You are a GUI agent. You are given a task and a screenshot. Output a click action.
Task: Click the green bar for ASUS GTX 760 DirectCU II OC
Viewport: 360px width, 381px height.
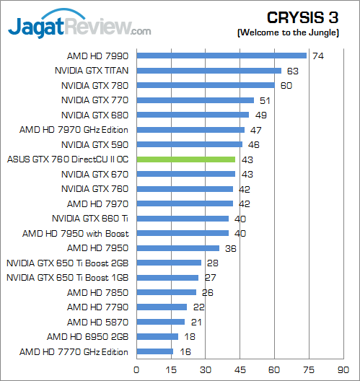[x=185, y=159]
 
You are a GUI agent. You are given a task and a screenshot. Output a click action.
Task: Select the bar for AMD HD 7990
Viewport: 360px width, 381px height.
[x=221, y=56]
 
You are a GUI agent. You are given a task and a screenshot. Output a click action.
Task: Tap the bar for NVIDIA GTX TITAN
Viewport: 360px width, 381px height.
[x=208, y=71]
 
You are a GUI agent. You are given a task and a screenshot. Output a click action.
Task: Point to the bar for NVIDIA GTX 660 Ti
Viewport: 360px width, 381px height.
[x=182, y=219]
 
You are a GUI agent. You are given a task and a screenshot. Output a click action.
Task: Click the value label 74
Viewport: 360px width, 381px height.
[x=317, y=56]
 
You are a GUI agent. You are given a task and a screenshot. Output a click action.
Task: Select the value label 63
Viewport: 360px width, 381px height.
[x=292, y=71]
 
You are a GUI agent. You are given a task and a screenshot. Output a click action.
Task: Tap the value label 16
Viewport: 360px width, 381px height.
[x=184, y=352]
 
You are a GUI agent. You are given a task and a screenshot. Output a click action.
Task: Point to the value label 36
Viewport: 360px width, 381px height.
[x=230, y=248]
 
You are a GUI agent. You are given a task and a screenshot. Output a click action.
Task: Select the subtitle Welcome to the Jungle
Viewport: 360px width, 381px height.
[x=296, y=33]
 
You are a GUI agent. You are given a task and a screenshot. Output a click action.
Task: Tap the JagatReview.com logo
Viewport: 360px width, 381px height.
[x=79, y=27]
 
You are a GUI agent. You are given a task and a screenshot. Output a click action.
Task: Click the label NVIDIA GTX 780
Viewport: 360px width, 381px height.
[x=94, y=85]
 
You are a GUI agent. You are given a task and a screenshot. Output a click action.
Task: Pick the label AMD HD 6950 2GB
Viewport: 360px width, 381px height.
[x=87, y=337]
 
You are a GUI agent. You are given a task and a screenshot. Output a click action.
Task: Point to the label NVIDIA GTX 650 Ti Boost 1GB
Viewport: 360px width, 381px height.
[x=67, y=278]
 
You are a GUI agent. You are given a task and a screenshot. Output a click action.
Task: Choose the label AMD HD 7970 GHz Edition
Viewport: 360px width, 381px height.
[x=74, y=130]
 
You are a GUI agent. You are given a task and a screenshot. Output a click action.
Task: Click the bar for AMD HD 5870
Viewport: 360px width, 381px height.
[x=160, y=323]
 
